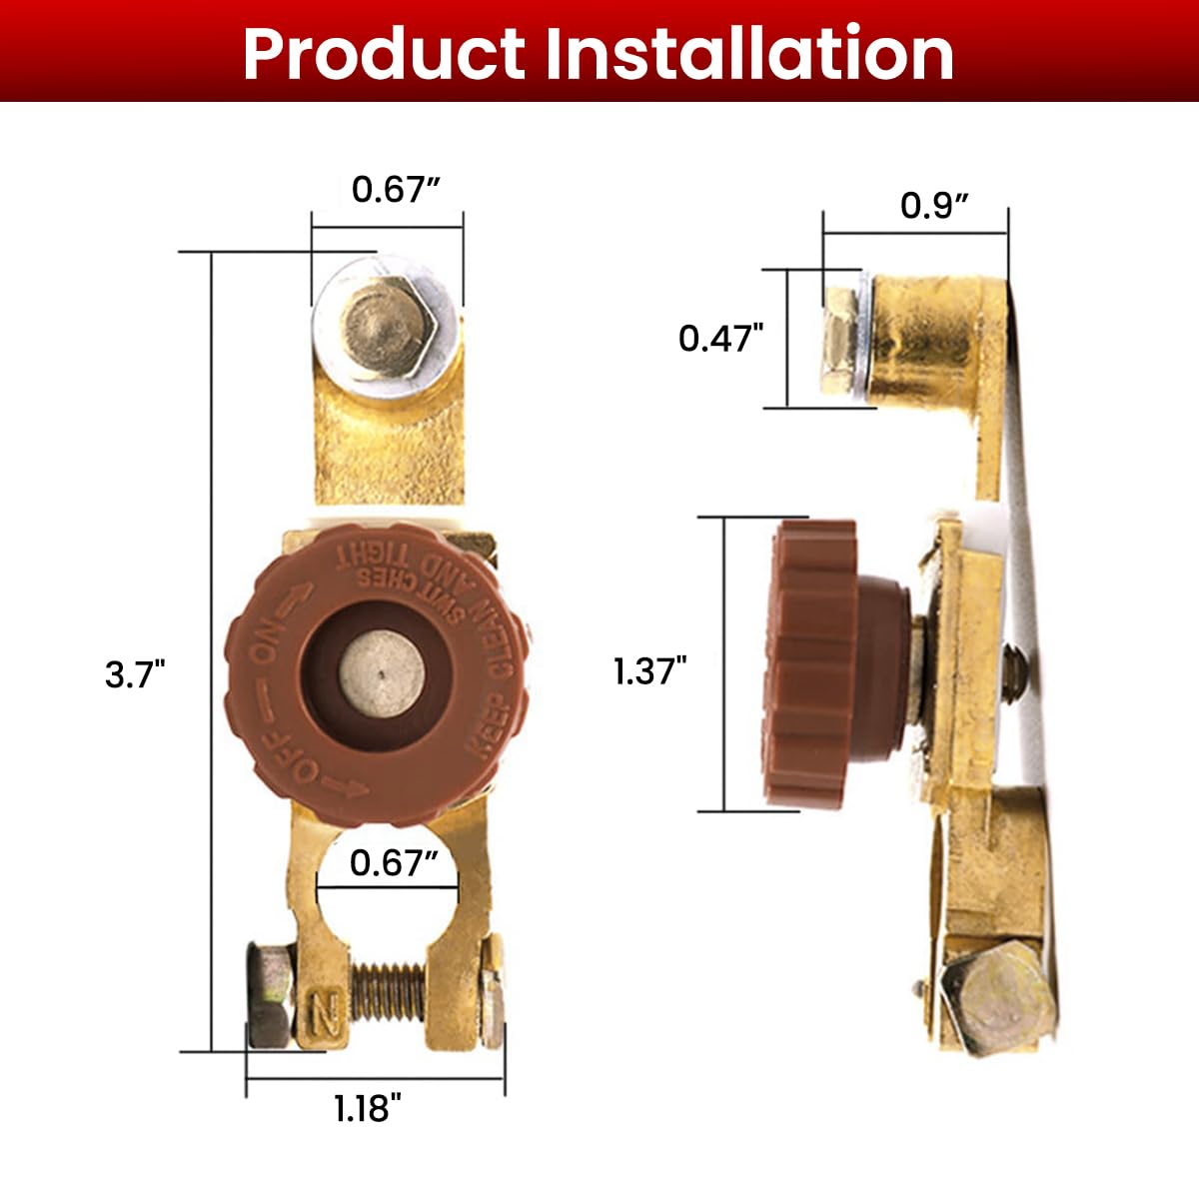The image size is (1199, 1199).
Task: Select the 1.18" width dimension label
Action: click(368, 1107)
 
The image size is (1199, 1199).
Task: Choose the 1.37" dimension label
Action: click(650, 670)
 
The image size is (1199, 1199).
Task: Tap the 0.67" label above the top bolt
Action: click(397, 189)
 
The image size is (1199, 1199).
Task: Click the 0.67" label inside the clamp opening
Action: click(395, 862)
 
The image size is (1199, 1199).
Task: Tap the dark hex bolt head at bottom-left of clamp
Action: click(269, 994)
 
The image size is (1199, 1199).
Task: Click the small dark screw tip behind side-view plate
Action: click(1012, 671)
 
